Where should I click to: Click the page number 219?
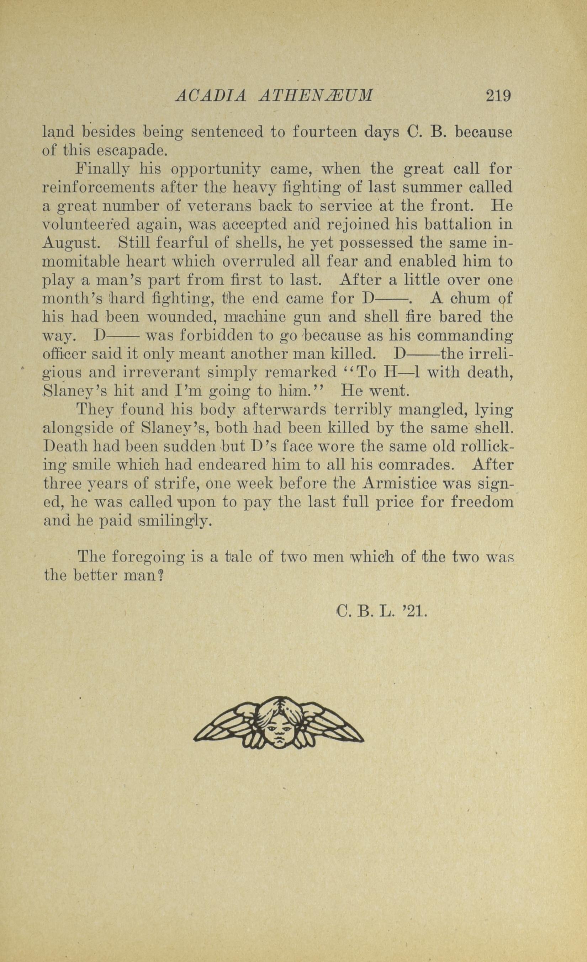tap(498, 96)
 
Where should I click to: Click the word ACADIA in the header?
tap(211, 96)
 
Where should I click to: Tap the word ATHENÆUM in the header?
tap(316, 96)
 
